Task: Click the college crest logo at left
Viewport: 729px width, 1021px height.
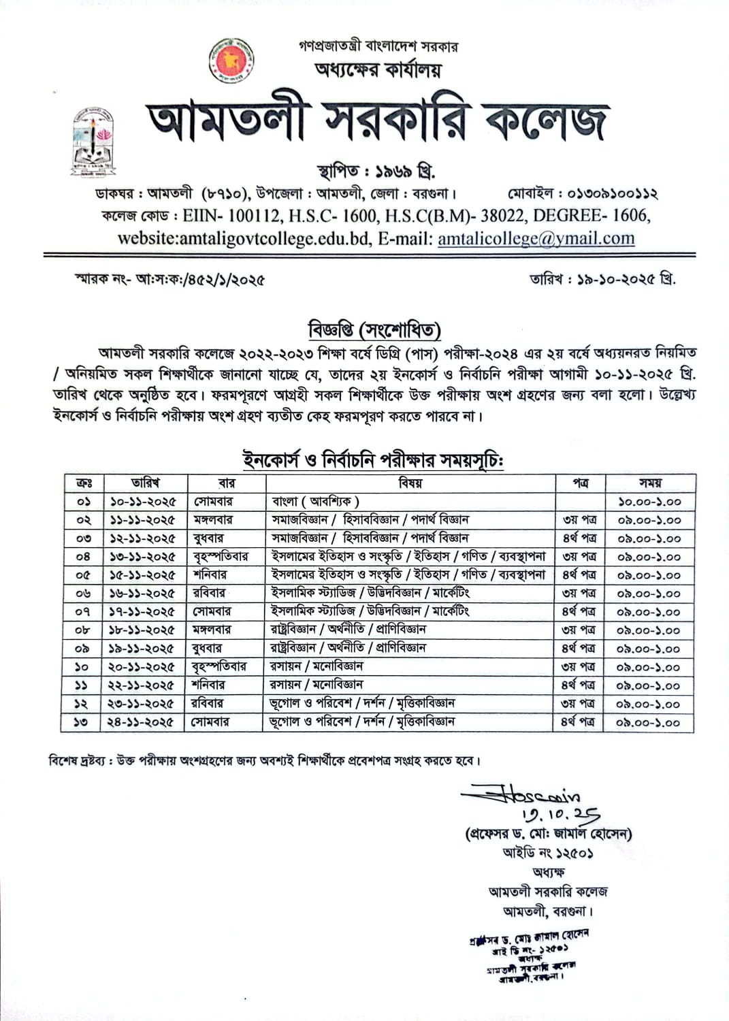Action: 94,141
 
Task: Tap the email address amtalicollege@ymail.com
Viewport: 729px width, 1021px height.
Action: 536,239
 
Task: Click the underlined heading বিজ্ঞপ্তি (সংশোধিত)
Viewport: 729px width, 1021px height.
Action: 374,330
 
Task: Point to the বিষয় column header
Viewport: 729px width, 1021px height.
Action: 410,483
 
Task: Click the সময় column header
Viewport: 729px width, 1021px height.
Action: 650,483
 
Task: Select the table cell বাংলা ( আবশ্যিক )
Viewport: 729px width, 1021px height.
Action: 315,502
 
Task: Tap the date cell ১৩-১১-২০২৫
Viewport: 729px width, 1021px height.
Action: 142,557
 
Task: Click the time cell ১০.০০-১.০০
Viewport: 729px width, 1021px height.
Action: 649,502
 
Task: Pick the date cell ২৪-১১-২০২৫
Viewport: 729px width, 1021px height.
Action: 140,722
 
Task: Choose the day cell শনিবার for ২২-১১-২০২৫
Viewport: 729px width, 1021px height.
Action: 208,685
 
